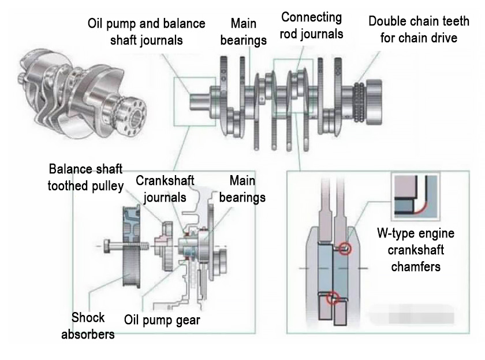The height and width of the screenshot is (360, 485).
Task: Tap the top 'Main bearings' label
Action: pyautogui.click(x=243, y=32)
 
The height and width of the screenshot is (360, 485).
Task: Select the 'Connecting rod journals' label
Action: pyautogui.click(x=311, y=25)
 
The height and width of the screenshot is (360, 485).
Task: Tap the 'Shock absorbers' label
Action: pyautogui.click(x=88, y=325)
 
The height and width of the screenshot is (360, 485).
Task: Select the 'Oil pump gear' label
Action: pyautogui.click(x=162, y=320)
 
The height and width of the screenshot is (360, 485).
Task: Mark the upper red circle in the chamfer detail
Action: pyautogui.click(x=345, y=249)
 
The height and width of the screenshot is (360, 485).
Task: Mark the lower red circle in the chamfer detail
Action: pyautogui.click(x=331, y=298)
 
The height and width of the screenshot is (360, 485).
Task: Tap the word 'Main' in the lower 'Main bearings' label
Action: pyautogui.click(x=242, y=180)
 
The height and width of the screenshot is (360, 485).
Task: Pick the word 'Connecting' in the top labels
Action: pyautogui.click(x=311, y=17)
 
